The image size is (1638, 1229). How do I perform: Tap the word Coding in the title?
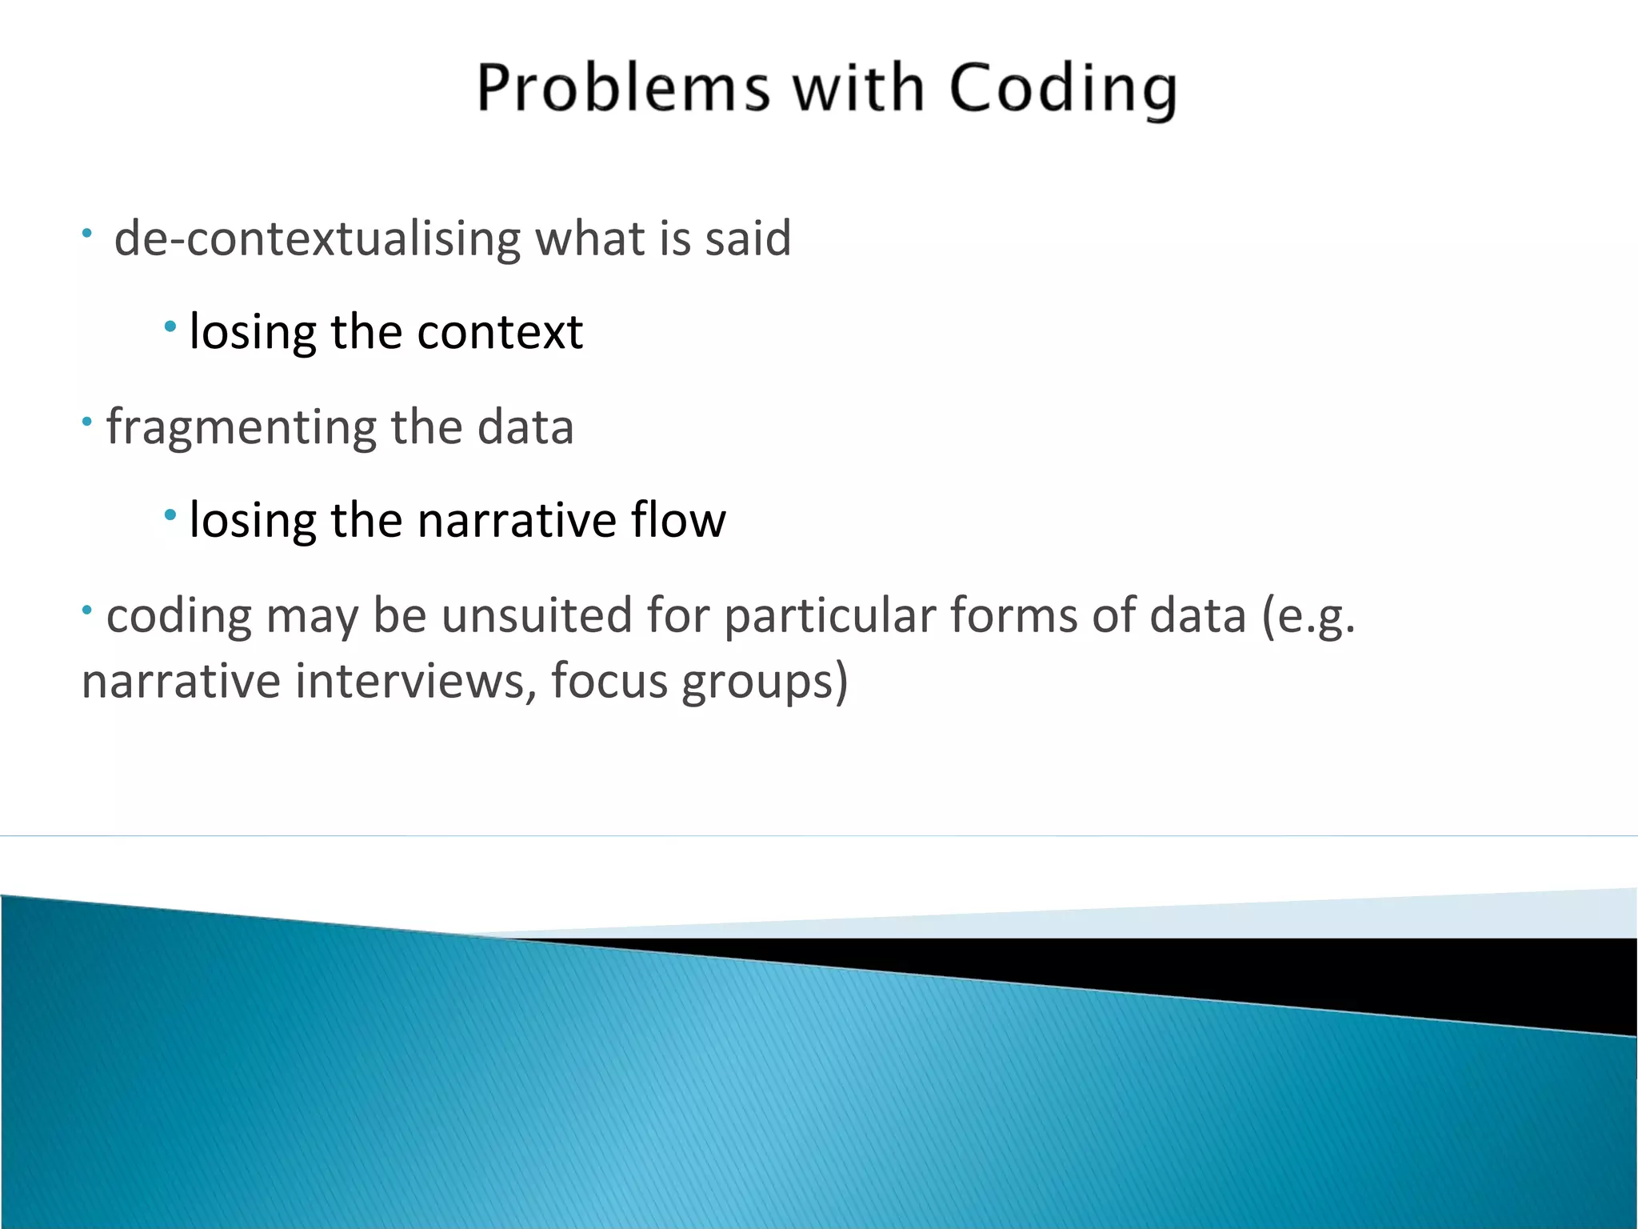[1063, 90]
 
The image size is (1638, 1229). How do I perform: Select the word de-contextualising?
[317, 238]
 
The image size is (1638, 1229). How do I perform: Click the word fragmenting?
[241, 427]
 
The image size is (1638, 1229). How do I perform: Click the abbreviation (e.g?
[1308, 616]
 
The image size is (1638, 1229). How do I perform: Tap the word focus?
[609, 682]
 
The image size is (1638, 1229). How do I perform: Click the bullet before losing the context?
[170, 326]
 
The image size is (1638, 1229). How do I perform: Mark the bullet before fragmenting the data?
[87, 420]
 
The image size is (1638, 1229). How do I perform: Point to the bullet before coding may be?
[87, 610]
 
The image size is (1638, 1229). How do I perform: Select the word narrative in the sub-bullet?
[517, 520]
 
